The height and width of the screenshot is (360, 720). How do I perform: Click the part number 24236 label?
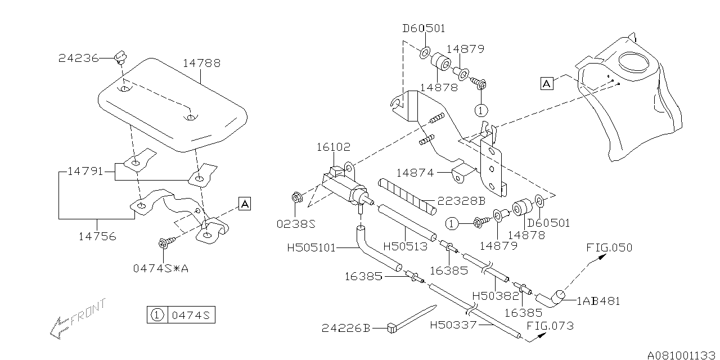79,58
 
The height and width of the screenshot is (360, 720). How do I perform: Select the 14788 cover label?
201,64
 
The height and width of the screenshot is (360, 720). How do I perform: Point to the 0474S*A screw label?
160,268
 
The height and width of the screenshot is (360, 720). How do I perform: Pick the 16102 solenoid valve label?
333,147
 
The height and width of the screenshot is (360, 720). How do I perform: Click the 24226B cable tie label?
346,328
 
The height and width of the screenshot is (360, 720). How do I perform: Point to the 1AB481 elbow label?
598,301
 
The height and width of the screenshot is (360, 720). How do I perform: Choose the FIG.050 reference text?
609,247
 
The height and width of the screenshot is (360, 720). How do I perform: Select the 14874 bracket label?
415,173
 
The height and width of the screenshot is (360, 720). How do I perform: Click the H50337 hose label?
453,325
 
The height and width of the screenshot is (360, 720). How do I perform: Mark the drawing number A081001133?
682,355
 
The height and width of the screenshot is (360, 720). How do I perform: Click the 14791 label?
85,171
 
